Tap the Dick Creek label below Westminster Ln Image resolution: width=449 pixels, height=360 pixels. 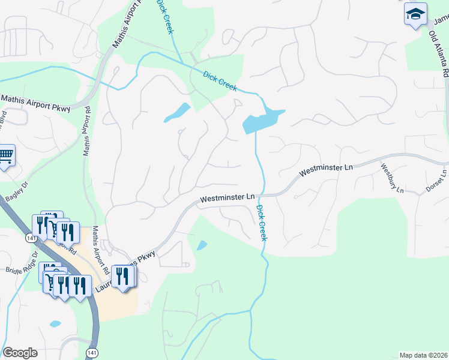click(x=261, y=223)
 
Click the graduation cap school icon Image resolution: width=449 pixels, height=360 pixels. click(x=415, y=14)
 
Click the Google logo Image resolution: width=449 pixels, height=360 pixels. click(x=20, y=353)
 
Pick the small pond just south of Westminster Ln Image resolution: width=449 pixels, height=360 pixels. click(x=202, y=245)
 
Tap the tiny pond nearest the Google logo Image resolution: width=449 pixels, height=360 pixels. click(x=55, y=324)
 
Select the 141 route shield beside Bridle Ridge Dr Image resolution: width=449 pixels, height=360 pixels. click(x=29, y=239)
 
